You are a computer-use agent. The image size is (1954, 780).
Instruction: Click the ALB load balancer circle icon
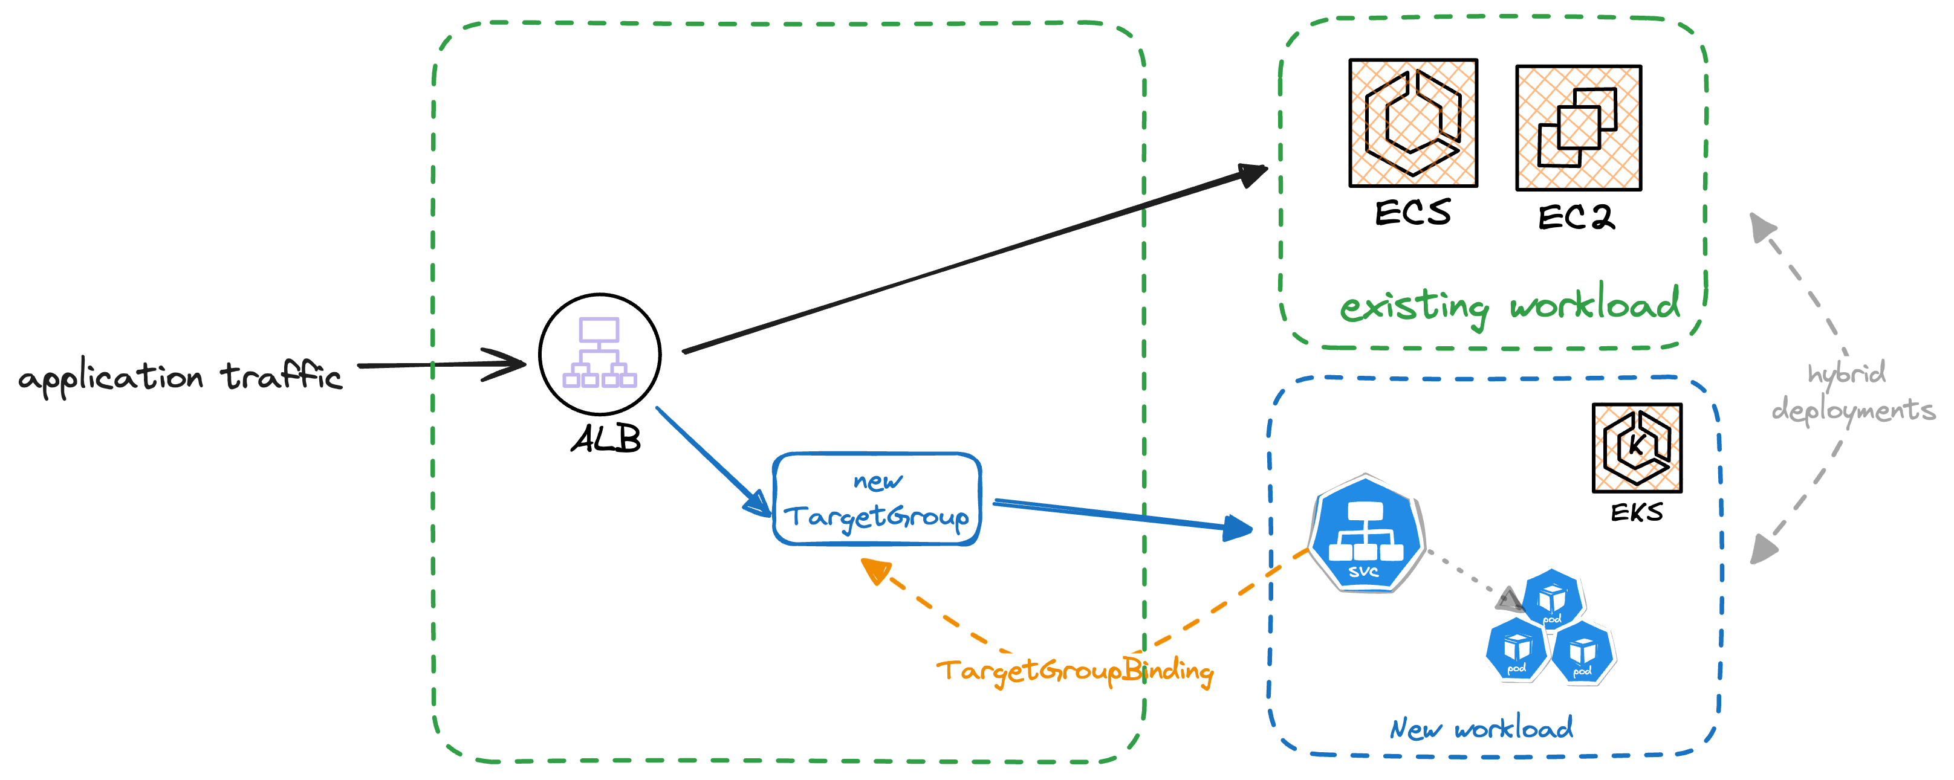pyautogui.click(x=599, y=354)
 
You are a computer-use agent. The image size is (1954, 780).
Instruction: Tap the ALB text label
pyautogui.click(x=605, y=439)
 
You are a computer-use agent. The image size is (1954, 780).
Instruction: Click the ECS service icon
pyautogui.click(x=1412, y=123)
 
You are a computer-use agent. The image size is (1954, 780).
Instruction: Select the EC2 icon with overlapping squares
pyautogui.click(x=1578, y=128)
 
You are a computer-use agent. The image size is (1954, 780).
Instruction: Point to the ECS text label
pyautogui.click(x=1412, y=212)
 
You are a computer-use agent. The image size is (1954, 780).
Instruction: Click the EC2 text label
pyautogui.click(x=1576, y=218)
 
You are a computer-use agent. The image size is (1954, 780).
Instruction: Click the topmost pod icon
pyautogui.click(x=1552, y=598)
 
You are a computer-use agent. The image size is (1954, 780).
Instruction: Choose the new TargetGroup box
pyautogui.click(x=877, y=500)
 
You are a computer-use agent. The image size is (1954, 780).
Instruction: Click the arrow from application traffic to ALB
pyautogui.click(x=440, y=364)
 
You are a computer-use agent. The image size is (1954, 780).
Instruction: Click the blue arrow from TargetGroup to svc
pyautogui.click(x=1123, y=515)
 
